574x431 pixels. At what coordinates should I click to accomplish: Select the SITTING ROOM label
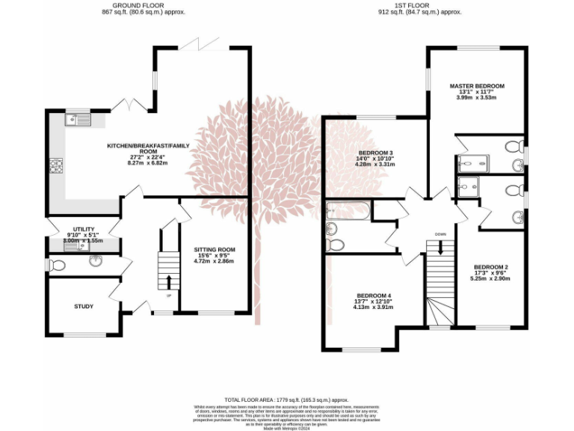pos(215,249)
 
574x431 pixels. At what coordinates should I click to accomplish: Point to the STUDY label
pos(84,306)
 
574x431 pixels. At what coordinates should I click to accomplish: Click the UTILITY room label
pos(83,228)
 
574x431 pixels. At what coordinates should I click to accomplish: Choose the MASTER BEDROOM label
pos(476,86)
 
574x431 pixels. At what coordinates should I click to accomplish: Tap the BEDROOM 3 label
pos(376,153)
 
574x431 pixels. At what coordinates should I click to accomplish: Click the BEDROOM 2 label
pos(490,267)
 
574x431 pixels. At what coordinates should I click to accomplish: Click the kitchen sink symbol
pos(78,118)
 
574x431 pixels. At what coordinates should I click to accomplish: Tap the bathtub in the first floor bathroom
pos(348,210)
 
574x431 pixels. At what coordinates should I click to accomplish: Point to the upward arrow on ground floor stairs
pos(167,282)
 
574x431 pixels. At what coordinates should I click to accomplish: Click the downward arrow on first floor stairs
pos(440,248)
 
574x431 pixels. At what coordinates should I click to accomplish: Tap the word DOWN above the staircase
pos(440,234)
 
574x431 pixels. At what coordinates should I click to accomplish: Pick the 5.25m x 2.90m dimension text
pos(490,279)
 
